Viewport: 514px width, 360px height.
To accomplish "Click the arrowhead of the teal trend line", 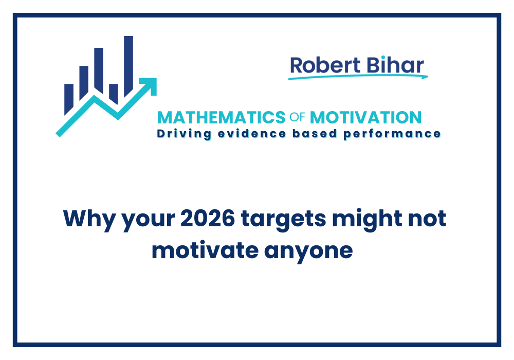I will coord(150,85).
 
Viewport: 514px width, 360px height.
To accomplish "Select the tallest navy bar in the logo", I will coord(128,59).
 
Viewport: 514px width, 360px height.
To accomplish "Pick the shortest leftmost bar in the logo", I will coord(68,99).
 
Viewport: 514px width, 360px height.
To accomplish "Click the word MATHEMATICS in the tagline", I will coord(221,117).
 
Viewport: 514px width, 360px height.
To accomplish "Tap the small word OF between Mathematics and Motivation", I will coord(298,118).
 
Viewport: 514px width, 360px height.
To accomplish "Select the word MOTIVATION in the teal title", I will coord(366,117).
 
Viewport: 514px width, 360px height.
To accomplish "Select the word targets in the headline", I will coord(283,220).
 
